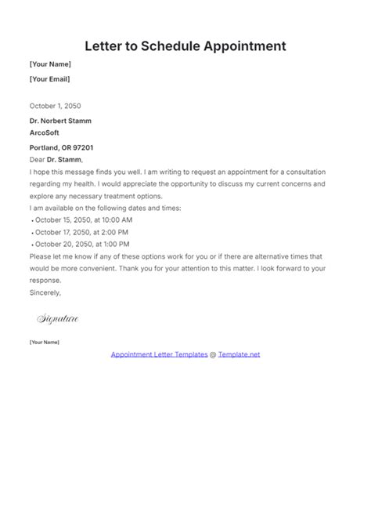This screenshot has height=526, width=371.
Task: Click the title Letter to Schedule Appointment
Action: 185,45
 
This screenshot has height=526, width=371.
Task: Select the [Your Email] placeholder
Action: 49,79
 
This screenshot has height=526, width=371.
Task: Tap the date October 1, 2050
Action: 55,106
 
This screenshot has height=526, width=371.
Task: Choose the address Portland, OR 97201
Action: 63,147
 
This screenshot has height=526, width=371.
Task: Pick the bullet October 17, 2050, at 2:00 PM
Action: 81,232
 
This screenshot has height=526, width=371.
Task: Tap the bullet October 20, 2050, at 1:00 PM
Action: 81,244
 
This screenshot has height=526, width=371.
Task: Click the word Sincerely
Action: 45,292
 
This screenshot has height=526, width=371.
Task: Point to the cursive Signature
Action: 58,319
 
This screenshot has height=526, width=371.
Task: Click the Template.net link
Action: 239,354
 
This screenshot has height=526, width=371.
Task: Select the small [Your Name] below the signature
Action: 44,343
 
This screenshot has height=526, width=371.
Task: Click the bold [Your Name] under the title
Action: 50,64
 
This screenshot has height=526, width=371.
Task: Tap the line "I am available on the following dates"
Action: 105,208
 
